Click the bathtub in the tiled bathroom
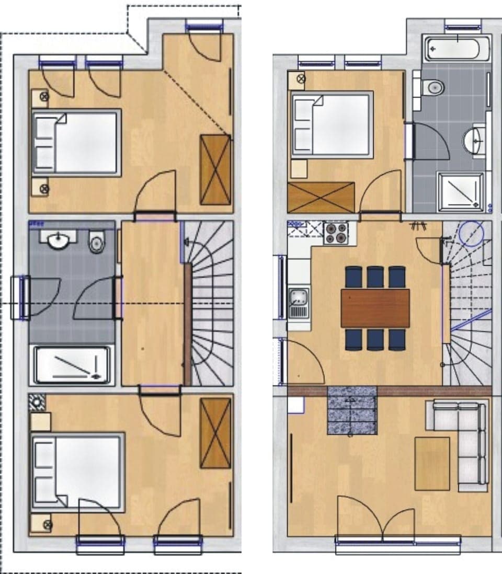(x=458, y=48)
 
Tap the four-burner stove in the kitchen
(x=336, y=234)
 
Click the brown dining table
(x=375, y=308)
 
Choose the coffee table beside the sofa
(x=432, y=463)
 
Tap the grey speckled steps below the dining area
(x=352, y=411)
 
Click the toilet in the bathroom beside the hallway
(x=97, y=243)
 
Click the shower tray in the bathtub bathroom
(x=460, y=191)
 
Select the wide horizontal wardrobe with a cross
(x=321, y=197)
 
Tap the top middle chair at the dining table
(x=375, y=277)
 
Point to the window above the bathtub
(x=463, y=25)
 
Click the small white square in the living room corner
(x=296, y=406)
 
